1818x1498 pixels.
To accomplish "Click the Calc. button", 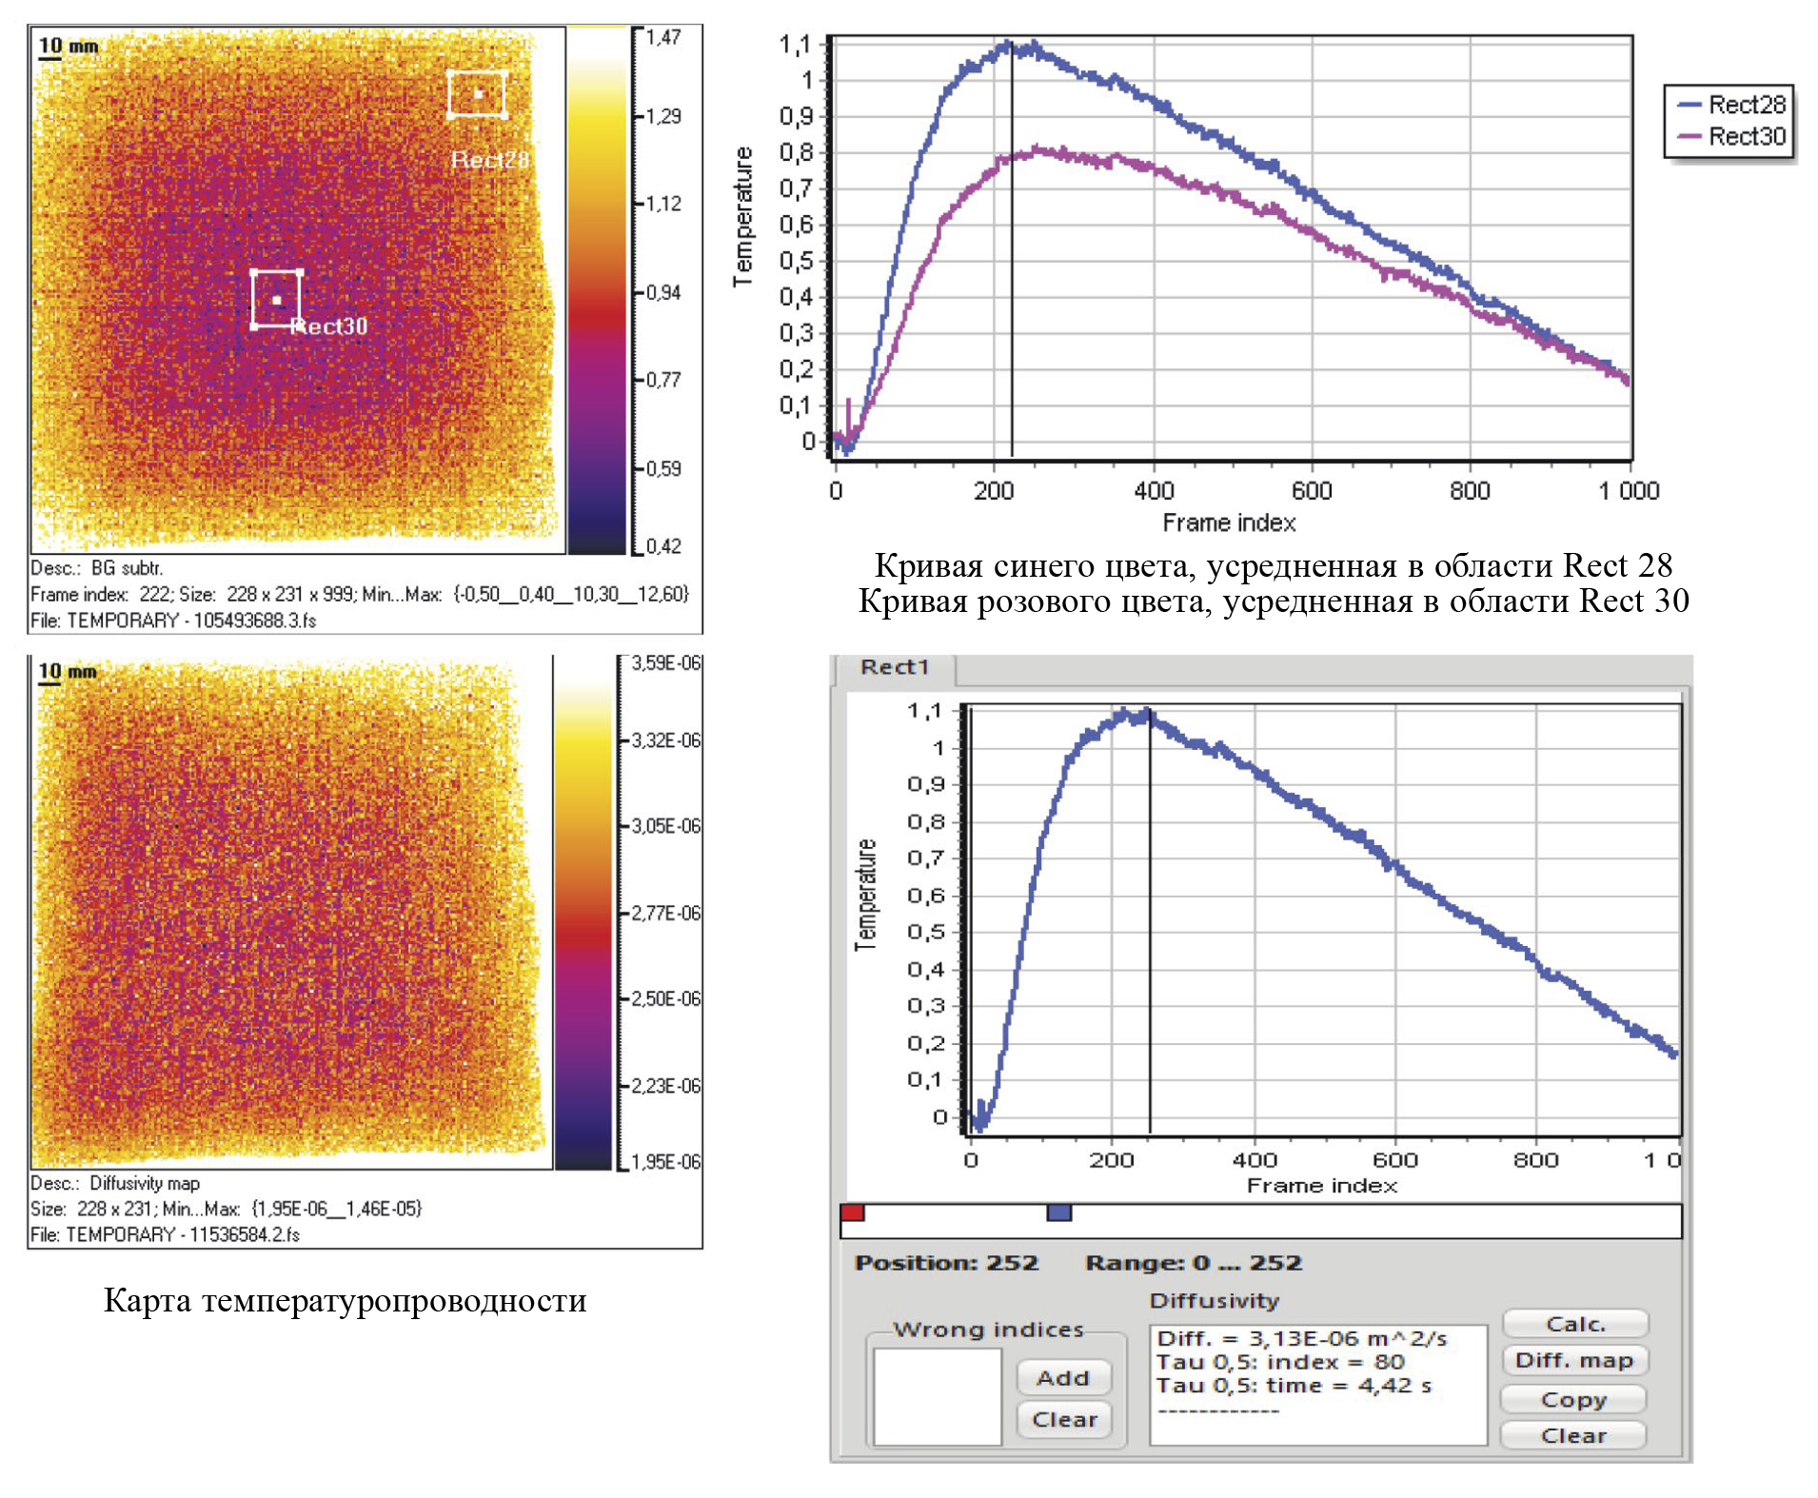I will [x=1574, y=1324].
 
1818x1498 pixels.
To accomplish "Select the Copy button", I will [x=1573, y=1399].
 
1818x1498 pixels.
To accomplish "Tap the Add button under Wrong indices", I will [x=1062, y=1377].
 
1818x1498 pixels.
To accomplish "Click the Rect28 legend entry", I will [x=1733, y=105].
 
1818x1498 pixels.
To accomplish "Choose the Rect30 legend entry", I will [x=1733, y=137].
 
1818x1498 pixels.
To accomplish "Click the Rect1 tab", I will [x=894, y=667].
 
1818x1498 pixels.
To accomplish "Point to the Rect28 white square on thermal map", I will [x=477, y=93].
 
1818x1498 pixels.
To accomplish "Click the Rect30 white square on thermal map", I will [x=276, y=300].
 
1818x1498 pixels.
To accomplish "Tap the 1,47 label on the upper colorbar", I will [x=663, y=38].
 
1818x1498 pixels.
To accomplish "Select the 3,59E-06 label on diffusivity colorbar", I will [x=666, y=663].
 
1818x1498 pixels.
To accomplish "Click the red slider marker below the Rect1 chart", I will [x=852, y=1212].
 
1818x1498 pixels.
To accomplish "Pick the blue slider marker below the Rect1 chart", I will [x=1058, y=1212].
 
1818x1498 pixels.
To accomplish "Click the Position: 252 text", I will [x=946, y=1263].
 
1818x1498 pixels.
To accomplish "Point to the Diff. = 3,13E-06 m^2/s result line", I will [x=1301, y=1339].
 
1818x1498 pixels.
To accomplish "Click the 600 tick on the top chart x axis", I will [x=1312, y=491].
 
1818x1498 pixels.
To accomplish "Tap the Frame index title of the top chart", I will [x=1229, y=522].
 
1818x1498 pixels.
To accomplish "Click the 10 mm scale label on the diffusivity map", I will [x=68, y=672].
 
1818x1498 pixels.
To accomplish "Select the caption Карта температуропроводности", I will [x=345, y=1300].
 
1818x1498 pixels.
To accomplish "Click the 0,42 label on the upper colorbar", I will [x=663, y=546].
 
